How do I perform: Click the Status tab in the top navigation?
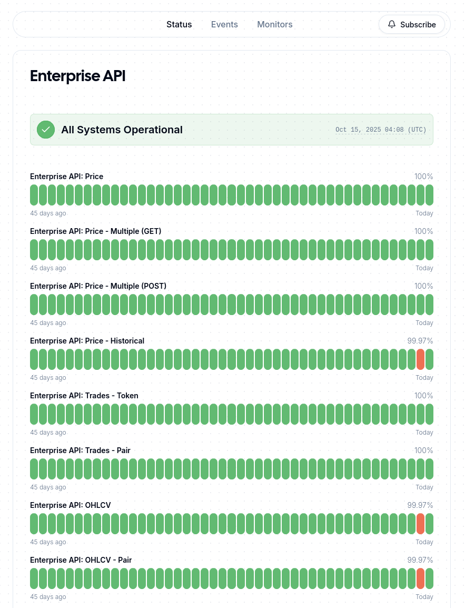coord(179,24)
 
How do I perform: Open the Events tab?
coord(224,24)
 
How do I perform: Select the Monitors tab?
coord(275,24)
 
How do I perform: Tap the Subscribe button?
coord(412,24)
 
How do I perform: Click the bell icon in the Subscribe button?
coord(392,24)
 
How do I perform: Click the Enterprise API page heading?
coord(78,76)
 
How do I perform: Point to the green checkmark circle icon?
coord(46,130)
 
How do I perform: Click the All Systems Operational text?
coord(122,130)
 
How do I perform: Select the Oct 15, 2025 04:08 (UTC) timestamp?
coord(381,130)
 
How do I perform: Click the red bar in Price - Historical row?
coord(420,359)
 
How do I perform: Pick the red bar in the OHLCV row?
coord(420,524)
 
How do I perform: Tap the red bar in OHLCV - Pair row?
coord(420,578)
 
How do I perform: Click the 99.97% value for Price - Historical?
coord(420,341)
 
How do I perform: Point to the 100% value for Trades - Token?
coord(423,396)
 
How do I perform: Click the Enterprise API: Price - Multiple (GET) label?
coord(95,231)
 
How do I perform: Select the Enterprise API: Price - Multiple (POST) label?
coord(98,286)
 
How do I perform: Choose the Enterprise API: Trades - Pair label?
coord(80,450)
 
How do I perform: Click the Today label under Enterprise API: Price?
coord(424,213)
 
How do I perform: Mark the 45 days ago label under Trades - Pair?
coord(48,487)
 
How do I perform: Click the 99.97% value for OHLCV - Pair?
coord(420,560)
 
